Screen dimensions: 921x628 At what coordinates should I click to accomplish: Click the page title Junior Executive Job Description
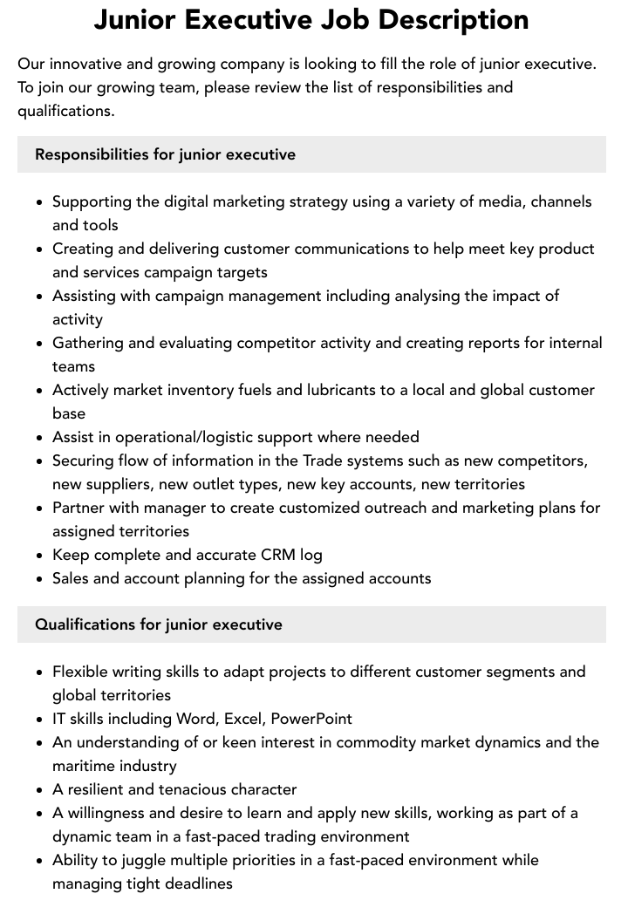click(x=311, y=19)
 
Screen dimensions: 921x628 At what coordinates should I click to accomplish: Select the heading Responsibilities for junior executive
click(x=165, y=154)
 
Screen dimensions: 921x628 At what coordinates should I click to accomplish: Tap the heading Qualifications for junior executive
click(x=159, y=624)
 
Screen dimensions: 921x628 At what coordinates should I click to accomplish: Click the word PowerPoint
click(x=311, y=720)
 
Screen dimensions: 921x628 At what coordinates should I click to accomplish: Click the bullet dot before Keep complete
click(x=40, y=556)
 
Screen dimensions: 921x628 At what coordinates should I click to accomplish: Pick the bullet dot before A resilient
click(x=40, y=790)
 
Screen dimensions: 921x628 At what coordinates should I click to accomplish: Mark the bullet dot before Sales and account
click(x=40, y=579)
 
